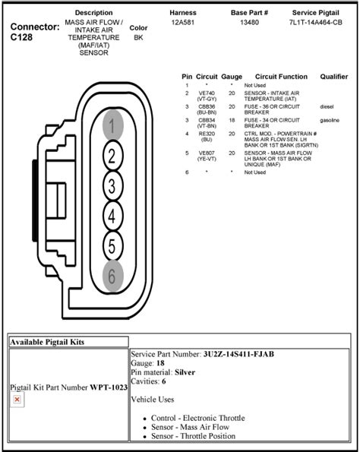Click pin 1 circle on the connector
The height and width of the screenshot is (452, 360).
[112, 126]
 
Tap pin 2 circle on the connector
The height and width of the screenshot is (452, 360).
[112, 156]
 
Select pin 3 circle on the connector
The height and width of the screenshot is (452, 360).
[112, 186]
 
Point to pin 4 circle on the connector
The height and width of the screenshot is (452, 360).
[112, 217]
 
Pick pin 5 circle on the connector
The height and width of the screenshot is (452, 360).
[112, 247]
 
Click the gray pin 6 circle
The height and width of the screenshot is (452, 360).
[112, 277]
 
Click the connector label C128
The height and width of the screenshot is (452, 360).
[24, 36]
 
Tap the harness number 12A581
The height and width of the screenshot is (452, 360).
[183, 23]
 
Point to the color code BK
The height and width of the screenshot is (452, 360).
[138, 36]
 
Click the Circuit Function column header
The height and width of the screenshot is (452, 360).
[281, 77]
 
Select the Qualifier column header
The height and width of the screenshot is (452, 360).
[334, 77]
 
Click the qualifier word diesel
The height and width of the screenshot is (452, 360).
[327, 106]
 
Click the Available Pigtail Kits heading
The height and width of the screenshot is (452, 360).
[48, 343]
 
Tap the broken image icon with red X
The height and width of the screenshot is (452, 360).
[17, 399]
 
